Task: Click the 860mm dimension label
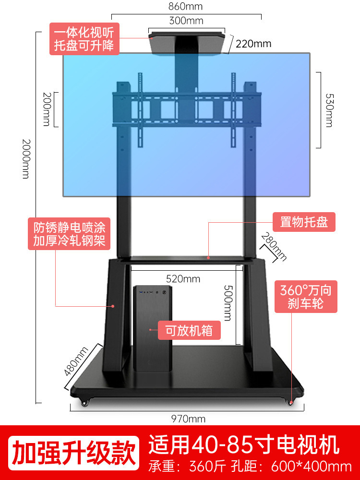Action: coord(186,7)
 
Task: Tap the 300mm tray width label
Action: coord(186,21)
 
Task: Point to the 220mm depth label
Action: coord(253,44)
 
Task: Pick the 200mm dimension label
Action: coord(47,109)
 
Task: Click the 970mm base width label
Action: coord(188,419)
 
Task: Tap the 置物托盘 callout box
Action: coord(304,222)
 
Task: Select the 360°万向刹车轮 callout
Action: coord(306,297)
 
